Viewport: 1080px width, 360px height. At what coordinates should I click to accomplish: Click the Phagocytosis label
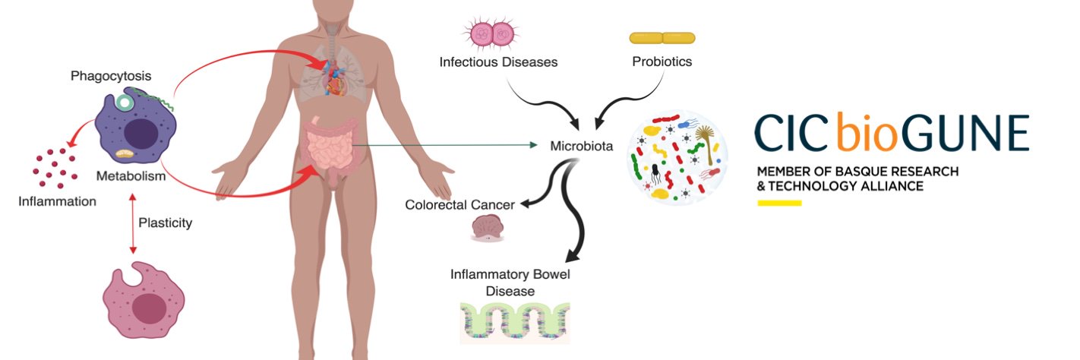(111, 76)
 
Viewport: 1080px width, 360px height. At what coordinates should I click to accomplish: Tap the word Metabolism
(131, 176)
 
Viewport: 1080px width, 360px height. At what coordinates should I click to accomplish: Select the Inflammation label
(58, 201)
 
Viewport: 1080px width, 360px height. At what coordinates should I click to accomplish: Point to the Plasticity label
(165, 223)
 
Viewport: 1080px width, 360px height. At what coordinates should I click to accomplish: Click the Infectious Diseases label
(498, 62)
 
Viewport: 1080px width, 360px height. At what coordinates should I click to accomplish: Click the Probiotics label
(662, 62)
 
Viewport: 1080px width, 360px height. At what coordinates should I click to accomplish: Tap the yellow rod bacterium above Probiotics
(662, 37)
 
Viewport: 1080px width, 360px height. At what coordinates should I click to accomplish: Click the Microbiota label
(581, 145)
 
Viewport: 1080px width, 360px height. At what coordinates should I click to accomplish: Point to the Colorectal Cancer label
(459, 205)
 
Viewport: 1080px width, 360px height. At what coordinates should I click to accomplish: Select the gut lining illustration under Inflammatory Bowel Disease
(514, 323)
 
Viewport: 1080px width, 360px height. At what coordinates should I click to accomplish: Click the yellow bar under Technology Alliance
(779, 203)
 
